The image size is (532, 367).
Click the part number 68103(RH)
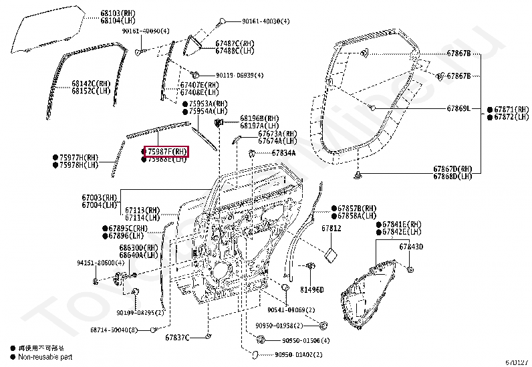116,13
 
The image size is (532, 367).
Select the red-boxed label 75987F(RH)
167,152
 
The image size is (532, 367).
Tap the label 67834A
283,153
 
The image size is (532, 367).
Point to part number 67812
331,228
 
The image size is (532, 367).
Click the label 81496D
311,289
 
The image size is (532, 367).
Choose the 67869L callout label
458,108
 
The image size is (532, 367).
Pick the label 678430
412,247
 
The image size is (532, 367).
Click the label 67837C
178,336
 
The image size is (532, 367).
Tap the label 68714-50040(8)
114,330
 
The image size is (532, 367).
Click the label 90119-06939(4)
239,76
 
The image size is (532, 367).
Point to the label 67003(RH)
100,197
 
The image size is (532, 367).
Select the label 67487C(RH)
235,43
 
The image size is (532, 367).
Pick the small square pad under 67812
330,254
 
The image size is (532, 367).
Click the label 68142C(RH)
90,83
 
